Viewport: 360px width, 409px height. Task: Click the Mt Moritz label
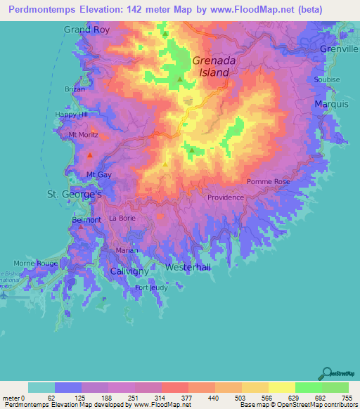(x=83, y=134)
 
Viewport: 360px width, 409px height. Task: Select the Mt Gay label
(x=99, y=174)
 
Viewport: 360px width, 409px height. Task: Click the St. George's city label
(x=75, y=193)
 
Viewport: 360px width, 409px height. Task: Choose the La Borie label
(x=122, y=219)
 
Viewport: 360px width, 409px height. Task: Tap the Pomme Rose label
(x=268, y=182)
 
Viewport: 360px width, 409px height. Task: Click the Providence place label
(x=226, y=197)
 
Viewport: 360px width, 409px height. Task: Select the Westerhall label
(x=188, y=268)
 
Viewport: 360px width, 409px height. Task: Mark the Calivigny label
(x=128, y=271)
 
